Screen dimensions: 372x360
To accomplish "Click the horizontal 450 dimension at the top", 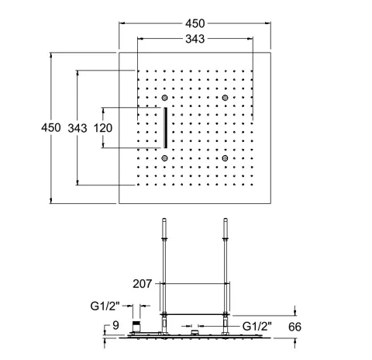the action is tap(195, 23).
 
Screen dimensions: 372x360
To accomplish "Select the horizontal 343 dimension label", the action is tap(195, 39).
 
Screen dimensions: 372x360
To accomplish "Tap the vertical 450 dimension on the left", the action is tap(51, 128).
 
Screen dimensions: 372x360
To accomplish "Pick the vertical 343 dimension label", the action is tap(77, 128).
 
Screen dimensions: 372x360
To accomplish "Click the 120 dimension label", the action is tap(103, 128).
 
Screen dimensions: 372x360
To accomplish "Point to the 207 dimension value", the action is tap(143, 284).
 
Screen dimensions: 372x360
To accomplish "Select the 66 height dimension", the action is tap(294, 327).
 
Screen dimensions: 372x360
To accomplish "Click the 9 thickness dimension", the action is tap(115, 325).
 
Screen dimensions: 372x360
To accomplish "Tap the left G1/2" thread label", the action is tap(105, 306).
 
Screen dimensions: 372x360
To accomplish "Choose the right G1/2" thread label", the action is tap(257, 327).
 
